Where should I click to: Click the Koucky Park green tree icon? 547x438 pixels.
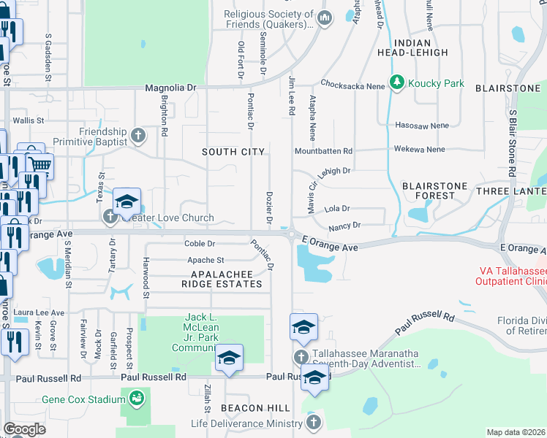pyautogui.click(x=398, y=83)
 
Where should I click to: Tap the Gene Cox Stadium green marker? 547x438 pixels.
pyautogui.click(x=135, y=398)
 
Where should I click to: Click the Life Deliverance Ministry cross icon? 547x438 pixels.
pyautogui.click(x=313, y=423)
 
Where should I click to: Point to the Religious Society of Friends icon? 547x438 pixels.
pyautogui.click(x=325, y=18)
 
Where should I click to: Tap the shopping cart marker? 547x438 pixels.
pyautogui.click(x=39, y=165)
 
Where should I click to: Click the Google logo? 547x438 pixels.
pyautogui.click(x=24, y=429)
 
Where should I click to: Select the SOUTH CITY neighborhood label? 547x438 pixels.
pyautogui.click(x=233, y=151)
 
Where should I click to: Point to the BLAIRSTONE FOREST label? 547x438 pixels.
pyautogui.click(x=434, y=191)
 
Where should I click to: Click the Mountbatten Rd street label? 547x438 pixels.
pyautogui.click(x=323, y=151)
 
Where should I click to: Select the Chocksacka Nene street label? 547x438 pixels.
pyautogui.click(x=352, y=84)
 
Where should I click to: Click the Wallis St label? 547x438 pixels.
pyautogui.click(x=29, y=120)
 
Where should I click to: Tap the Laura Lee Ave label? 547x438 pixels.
pyautogui.click(x=38, y=312)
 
